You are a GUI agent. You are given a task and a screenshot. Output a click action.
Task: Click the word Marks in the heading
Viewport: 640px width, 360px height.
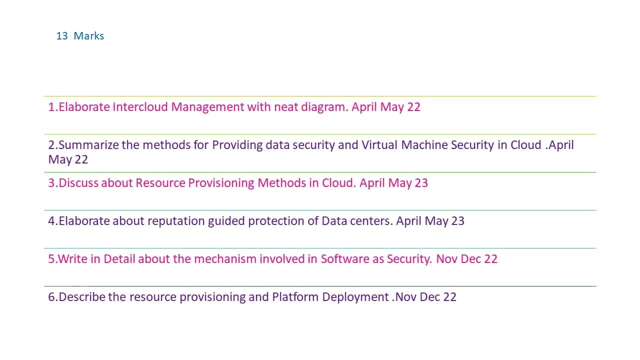89,36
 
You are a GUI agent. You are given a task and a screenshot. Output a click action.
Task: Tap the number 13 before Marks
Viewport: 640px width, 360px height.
62,36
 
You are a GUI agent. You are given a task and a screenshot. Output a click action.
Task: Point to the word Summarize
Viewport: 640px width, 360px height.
89,145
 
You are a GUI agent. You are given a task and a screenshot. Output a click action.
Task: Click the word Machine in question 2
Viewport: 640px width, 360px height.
424,145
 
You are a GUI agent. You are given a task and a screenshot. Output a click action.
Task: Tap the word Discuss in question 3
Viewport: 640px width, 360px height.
79,183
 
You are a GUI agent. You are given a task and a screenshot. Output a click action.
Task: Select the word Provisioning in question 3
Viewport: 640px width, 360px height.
221,183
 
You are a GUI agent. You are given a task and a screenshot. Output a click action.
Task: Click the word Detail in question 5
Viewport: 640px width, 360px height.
119,259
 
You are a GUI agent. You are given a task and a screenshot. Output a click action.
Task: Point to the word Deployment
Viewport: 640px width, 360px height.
355,297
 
